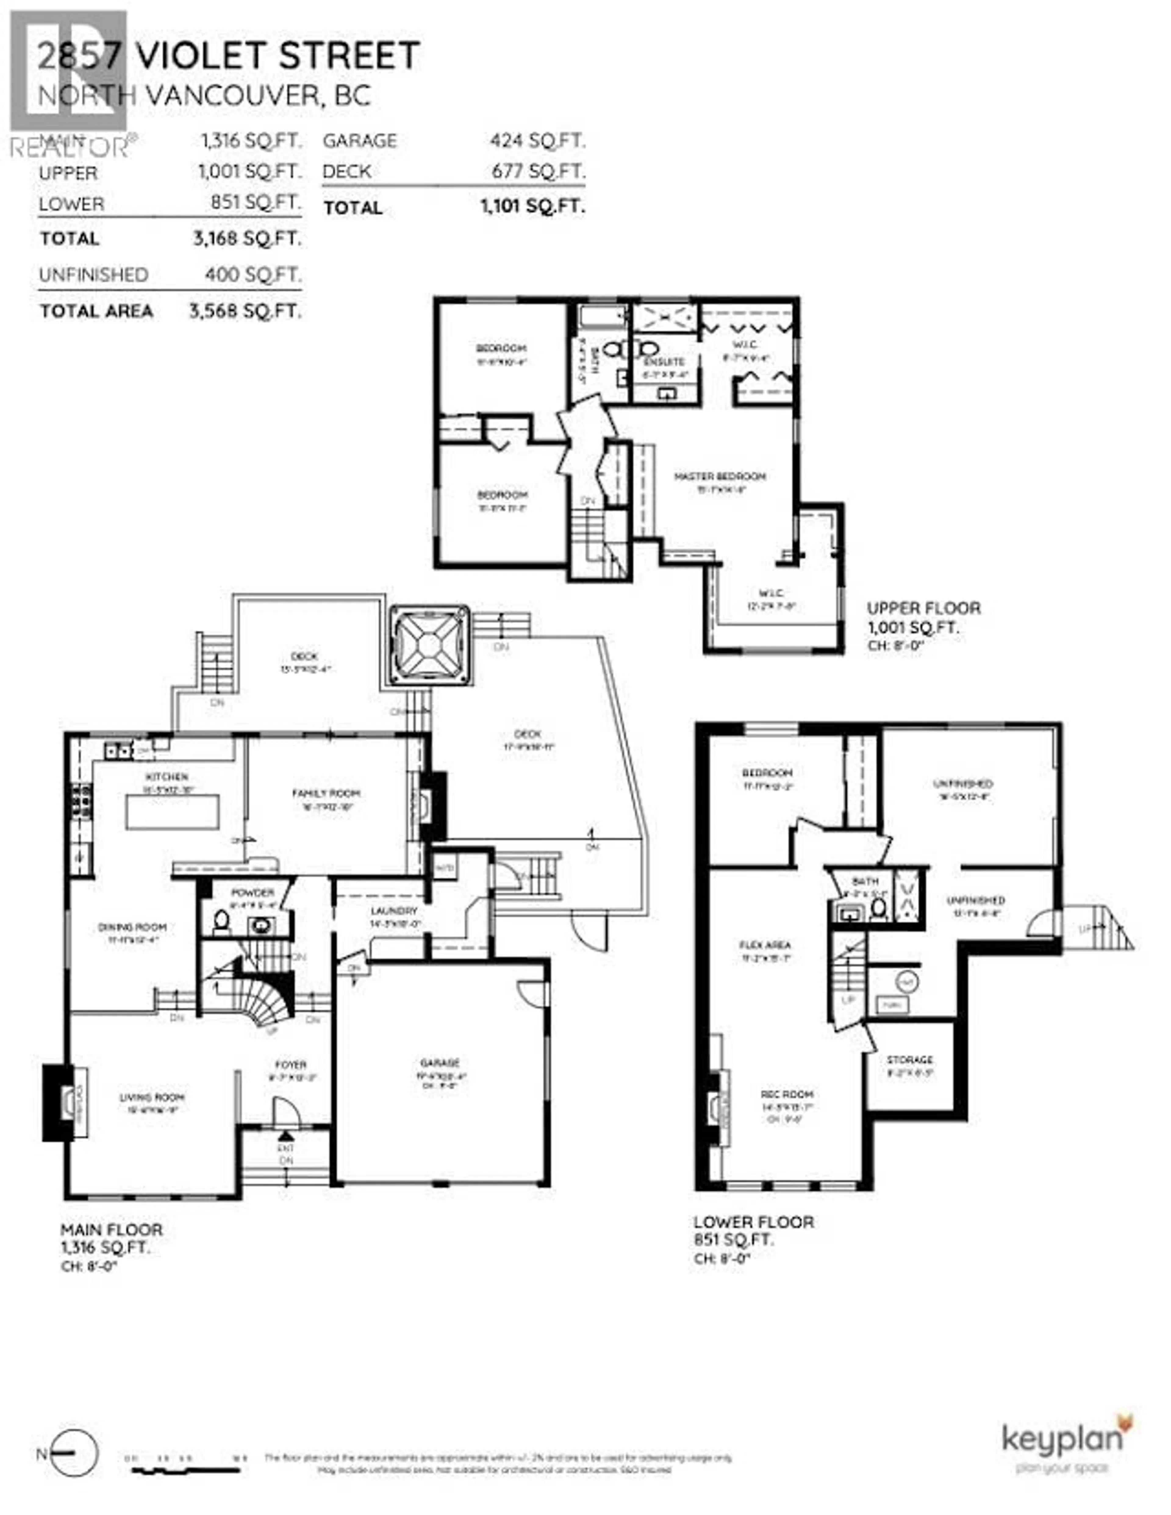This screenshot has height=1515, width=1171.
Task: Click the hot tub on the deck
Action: [429, 646]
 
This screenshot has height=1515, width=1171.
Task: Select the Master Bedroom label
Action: [720, 477]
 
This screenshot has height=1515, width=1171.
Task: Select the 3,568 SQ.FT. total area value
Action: [245, 311]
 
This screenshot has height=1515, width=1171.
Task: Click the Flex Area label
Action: [765, 945]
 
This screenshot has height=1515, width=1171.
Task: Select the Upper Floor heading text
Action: [923, 608]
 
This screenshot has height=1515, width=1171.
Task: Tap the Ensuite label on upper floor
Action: [664, 361]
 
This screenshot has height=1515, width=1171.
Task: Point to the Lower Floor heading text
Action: [754, 1222]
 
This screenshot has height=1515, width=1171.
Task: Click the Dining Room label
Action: [132, 927]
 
